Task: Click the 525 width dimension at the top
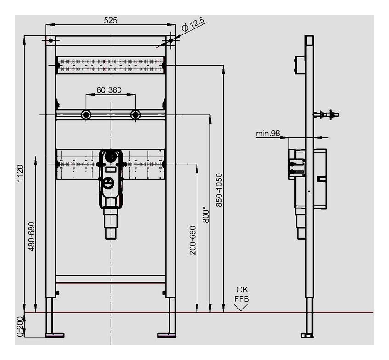111,20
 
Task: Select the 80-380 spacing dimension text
109,90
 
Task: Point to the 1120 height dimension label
20,174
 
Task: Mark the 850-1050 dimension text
219,190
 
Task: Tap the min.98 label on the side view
268,134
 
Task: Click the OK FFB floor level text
242,294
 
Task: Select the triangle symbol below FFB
241,307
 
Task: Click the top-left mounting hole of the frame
51,41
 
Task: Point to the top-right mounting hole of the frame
170,41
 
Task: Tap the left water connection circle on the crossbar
86,114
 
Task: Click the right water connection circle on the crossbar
135,114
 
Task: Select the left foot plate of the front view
55,335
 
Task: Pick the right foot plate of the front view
166,335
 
